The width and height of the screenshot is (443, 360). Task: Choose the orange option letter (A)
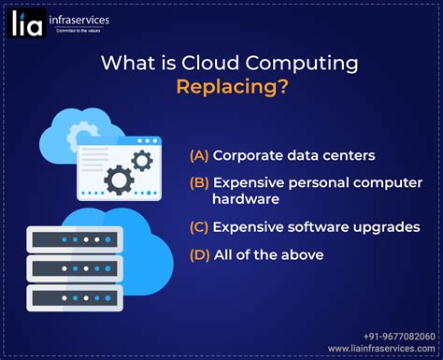point(198,154)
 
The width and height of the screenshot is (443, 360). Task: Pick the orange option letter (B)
point(198,182)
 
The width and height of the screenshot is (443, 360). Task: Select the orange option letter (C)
point(198,226)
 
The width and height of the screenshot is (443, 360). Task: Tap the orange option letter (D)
point(198,254)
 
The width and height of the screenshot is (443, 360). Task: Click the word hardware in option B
point(245,198)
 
